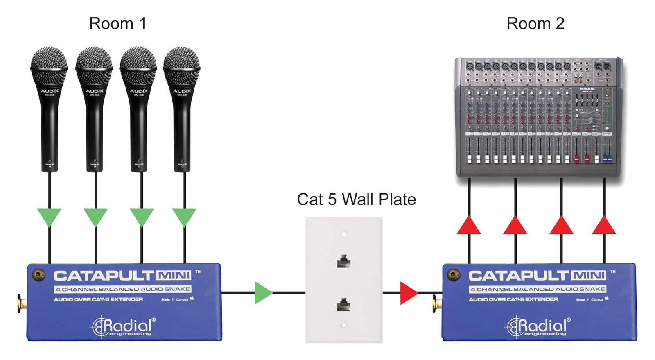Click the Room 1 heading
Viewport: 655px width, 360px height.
click(117, 24)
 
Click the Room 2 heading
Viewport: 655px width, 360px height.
click(535, 24)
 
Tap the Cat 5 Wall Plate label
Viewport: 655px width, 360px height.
click(356, 199)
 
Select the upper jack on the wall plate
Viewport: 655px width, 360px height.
click(343, 261)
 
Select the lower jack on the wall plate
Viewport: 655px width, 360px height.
click(343, 305)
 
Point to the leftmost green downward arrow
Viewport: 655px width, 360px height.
click(49, 217)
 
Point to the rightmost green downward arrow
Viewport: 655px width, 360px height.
click(184, 217)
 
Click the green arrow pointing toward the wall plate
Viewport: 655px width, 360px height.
click(262, 292)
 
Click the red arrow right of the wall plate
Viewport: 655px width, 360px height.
click(408, 292)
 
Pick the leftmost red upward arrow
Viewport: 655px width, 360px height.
click(469, 226)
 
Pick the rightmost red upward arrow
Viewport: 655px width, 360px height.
click(604, 226)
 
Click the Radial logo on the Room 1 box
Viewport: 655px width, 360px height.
click(123, 327)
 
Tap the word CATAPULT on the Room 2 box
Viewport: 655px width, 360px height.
click(518, 276)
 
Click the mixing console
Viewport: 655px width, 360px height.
click(538, 117)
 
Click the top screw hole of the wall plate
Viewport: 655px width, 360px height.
click(344, 234)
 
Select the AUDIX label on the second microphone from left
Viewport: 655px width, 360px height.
click(94, 91)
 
